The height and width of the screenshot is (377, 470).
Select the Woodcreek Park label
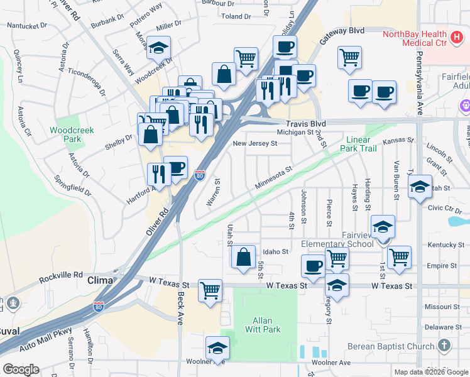coord(72,134)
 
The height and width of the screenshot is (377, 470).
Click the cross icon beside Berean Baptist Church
coord(444,346)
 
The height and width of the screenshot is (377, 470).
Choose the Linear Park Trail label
coord(369,143)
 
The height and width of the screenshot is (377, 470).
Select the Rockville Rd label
coord(61,275)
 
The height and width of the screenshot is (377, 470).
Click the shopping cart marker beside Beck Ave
coord(210,290)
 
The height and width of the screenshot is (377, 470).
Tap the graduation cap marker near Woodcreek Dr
coord(159,47)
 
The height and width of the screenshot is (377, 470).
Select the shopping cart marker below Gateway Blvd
coord(349,57)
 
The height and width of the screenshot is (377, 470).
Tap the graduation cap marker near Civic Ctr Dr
coord(420,186)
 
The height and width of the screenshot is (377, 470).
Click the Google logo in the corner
coord(21,369)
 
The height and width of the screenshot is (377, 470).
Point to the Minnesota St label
coord(274,178)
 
